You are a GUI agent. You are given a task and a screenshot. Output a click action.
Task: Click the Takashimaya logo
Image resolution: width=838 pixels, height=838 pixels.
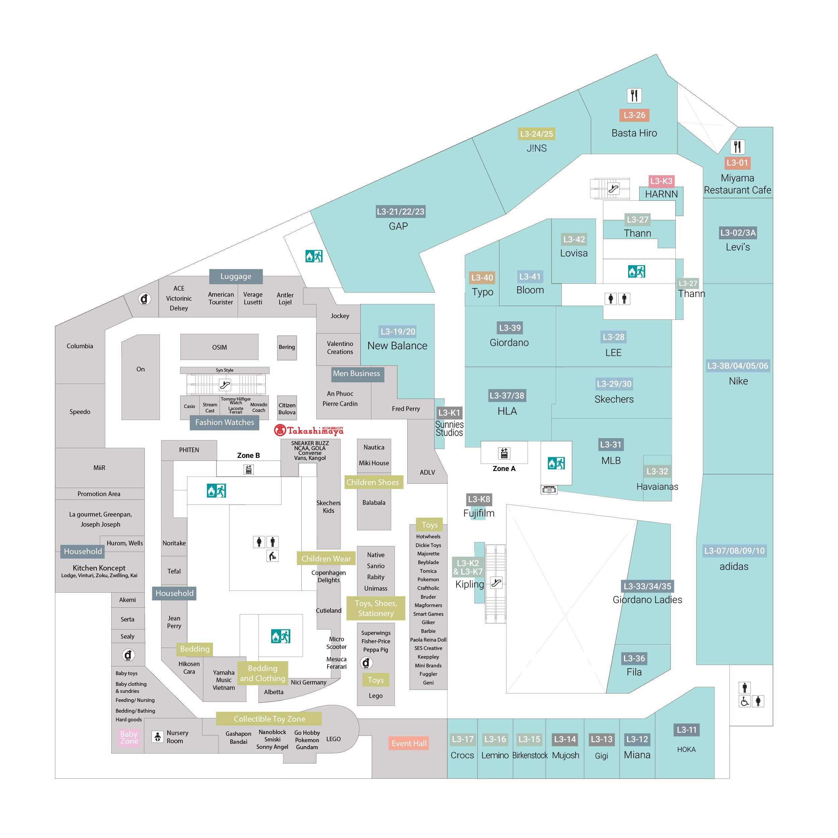(x=308, y=430)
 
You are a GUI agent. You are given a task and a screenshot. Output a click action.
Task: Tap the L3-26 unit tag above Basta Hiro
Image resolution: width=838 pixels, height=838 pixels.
(x=634, y=115)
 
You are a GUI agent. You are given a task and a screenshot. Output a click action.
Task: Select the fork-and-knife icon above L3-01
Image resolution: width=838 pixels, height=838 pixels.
(x=737, y=146)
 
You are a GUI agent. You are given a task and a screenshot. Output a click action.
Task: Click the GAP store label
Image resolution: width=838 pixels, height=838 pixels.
(x=398, y=226)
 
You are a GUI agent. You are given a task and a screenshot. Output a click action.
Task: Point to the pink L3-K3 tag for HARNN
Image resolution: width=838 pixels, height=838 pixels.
(x=661, y=181)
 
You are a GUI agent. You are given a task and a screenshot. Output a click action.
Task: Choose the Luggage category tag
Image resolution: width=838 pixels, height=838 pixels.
(x=236, y=276)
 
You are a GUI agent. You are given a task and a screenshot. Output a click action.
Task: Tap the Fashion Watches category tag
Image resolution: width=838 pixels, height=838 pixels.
(x=224, y=422)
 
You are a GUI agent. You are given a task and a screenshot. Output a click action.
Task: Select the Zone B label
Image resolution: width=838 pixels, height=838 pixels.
(x=248, y=456)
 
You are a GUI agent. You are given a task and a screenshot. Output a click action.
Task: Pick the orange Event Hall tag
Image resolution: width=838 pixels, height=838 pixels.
(x=409, y=743)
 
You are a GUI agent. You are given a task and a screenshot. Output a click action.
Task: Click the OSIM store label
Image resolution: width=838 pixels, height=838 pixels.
(x=220, y=347)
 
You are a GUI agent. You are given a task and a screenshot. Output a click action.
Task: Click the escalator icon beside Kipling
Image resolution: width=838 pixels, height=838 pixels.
(x=496, y=583)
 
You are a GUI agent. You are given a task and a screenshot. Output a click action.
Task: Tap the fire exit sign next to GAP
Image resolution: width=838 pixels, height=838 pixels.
(x=314, y=256)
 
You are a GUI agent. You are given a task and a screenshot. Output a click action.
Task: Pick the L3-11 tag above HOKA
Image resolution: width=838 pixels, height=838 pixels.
(x=686, y=730)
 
